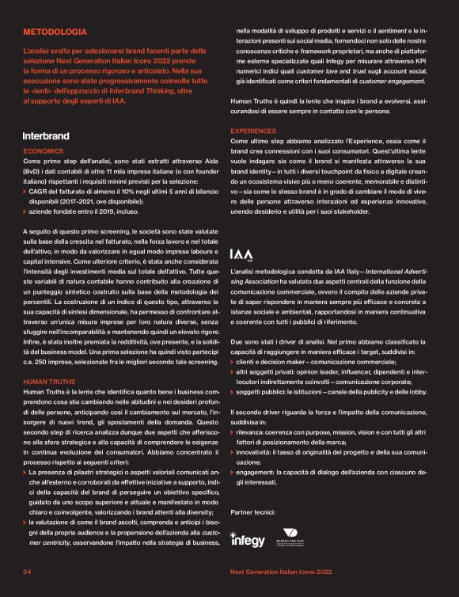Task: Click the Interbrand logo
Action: tap(46, 136)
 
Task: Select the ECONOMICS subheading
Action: tap(44, 150)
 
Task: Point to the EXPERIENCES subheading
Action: tap(255, 130)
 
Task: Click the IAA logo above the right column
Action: tap(241, 255)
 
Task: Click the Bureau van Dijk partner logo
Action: tap(289, 537)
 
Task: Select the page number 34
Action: tap(27, 571)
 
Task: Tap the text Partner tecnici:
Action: tap(253, 512)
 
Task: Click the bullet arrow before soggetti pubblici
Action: tap(232, 390)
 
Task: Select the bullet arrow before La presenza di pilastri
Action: tap(25, 473)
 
